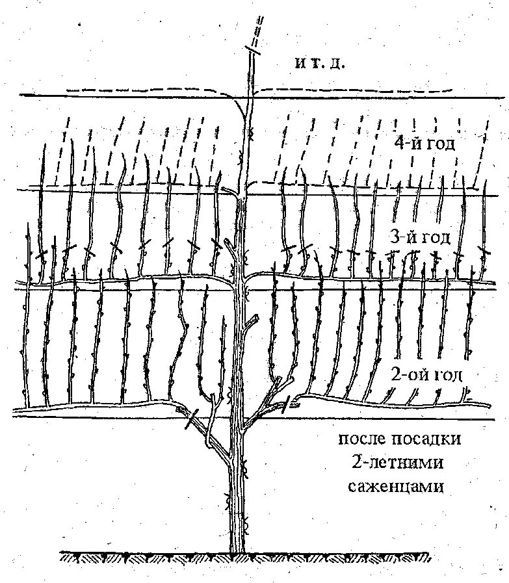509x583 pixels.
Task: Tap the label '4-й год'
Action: (x=423, y=143)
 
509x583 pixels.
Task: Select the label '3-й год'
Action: (x=419, y=238)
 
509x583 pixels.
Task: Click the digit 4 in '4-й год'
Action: (x=398, y=143)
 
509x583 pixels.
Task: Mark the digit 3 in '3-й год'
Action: (x=394, y=238)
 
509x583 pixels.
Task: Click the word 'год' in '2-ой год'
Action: (x=444, y=374)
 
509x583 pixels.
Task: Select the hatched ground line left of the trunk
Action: (x=143, y=557)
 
